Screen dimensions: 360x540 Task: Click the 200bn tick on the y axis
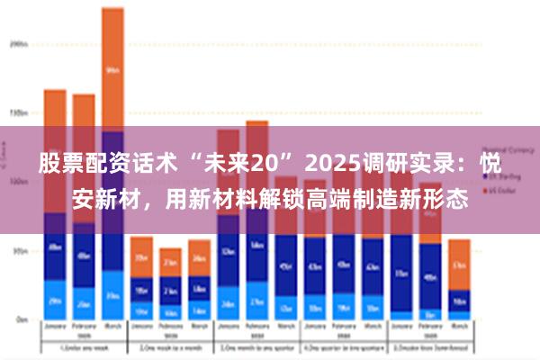17,42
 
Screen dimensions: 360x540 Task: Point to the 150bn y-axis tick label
17,113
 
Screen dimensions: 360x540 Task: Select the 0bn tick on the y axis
20,319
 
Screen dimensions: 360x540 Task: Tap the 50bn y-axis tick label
18,251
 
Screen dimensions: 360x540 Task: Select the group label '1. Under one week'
84,348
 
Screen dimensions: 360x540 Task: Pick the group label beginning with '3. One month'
257,348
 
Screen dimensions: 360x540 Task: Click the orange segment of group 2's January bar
141,256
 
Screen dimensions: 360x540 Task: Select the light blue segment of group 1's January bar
55,301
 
